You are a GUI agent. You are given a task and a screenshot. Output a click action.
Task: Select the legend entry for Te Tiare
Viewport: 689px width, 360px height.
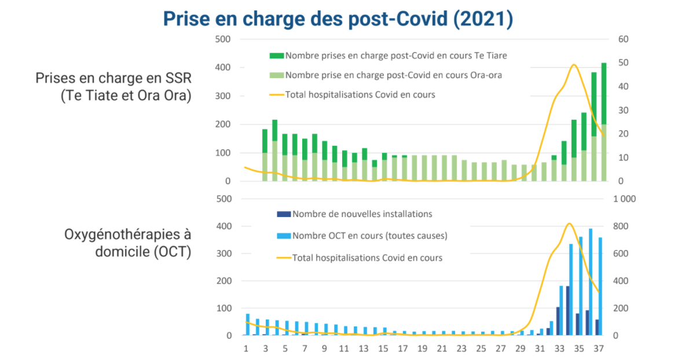[x=396, y=56]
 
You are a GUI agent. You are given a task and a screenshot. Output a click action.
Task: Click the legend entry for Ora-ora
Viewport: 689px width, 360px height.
[x=394, y=75]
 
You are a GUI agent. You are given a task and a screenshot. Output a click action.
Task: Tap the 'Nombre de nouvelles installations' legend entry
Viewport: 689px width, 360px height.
[x=362, y=214]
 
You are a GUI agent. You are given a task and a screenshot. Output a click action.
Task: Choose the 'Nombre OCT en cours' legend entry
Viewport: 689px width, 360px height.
[x=369, y=236]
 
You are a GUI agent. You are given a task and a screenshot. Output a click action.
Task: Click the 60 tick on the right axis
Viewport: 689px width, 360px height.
[x=623, y=39]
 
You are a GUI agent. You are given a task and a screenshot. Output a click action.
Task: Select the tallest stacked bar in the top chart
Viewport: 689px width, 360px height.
[x=604, y=122]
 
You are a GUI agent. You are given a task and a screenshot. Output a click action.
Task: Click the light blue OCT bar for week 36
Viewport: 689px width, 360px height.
[x=591, y=282]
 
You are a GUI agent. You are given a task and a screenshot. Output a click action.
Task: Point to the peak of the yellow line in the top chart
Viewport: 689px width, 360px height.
[x=573, y=65]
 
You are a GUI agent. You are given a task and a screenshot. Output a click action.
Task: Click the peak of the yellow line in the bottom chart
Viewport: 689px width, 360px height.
[x=569, y=223]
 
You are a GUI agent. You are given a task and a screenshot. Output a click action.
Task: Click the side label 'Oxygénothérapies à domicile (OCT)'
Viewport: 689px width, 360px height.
[x=127, y=243]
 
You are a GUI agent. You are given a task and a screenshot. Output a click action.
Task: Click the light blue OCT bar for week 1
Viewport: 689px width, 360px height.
[x=248, y=325]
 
